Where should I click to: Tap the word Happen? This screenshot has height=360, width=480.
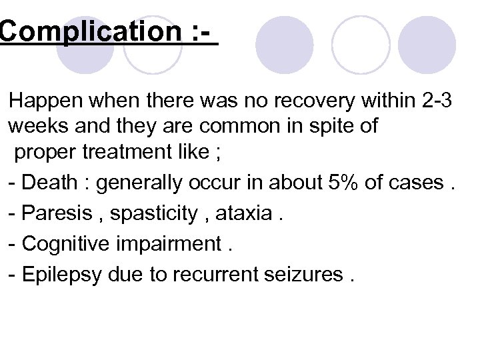pyautogui.click(x=47, y=101)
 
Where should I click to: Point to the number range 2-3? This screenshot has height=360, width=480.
pyautogui.click(x=437, y=101)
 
